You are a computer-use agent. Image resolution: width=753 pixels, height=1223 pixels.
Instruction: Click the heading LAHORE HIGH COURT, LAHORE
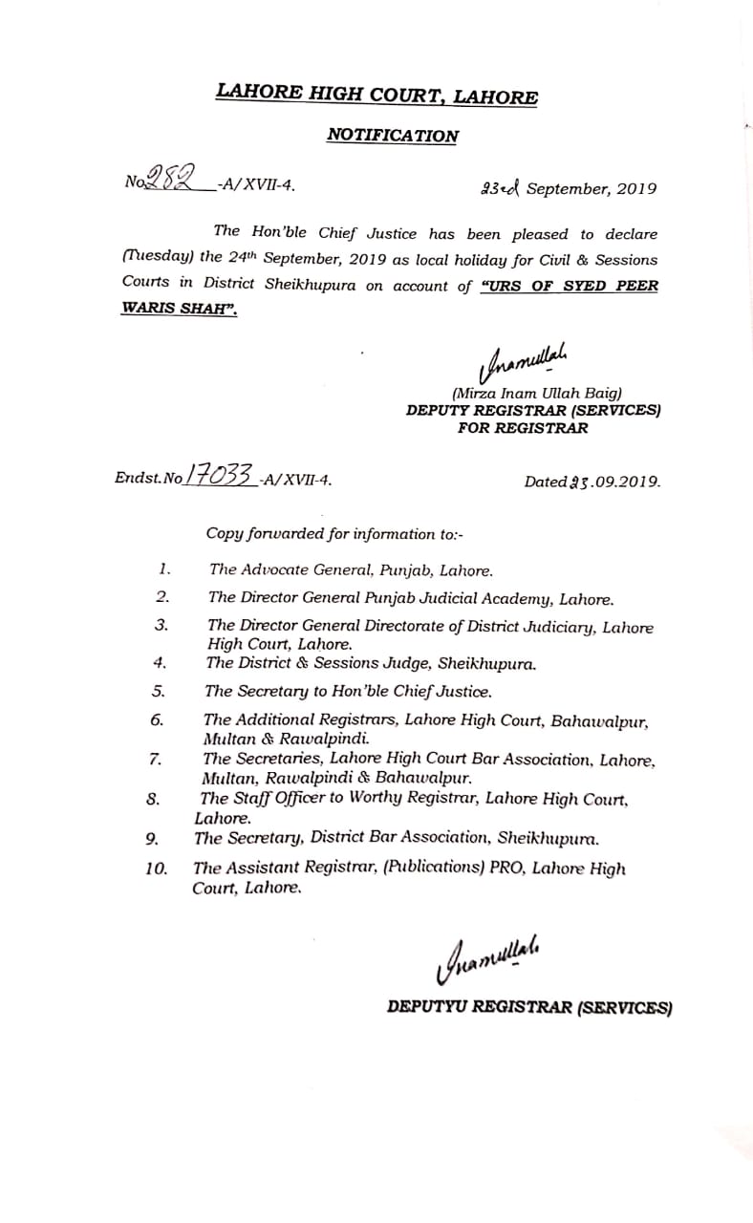click(376, 95)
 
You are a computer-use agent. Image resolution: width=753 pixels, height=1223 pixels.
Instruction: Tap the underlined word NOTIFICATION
click(392, 136)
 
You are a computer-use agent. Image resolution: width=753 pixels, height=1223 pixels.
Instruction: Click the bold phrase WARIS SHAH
click(178, 310)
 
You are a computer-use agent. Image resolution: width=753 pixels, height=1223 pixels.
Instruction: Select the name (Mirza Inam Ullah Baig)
click(537, 393)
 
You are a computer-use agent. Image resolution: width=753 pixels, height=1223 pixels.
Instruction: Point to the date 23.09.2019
click(592, 482)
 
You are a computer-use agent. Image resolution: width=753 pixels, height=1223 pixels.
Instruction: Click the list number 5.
click(159, 690)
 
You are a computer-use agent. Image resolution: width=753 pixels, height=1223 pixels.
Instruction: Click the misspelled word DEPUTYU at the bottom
click(431, 1006)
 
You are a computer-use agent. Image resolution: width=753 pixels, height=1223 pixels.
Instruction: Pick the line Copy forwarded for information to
click(335, 534)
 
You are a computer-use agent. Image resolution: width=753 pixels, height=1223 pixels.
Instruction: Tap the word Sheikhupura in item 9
click(547, 839)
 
